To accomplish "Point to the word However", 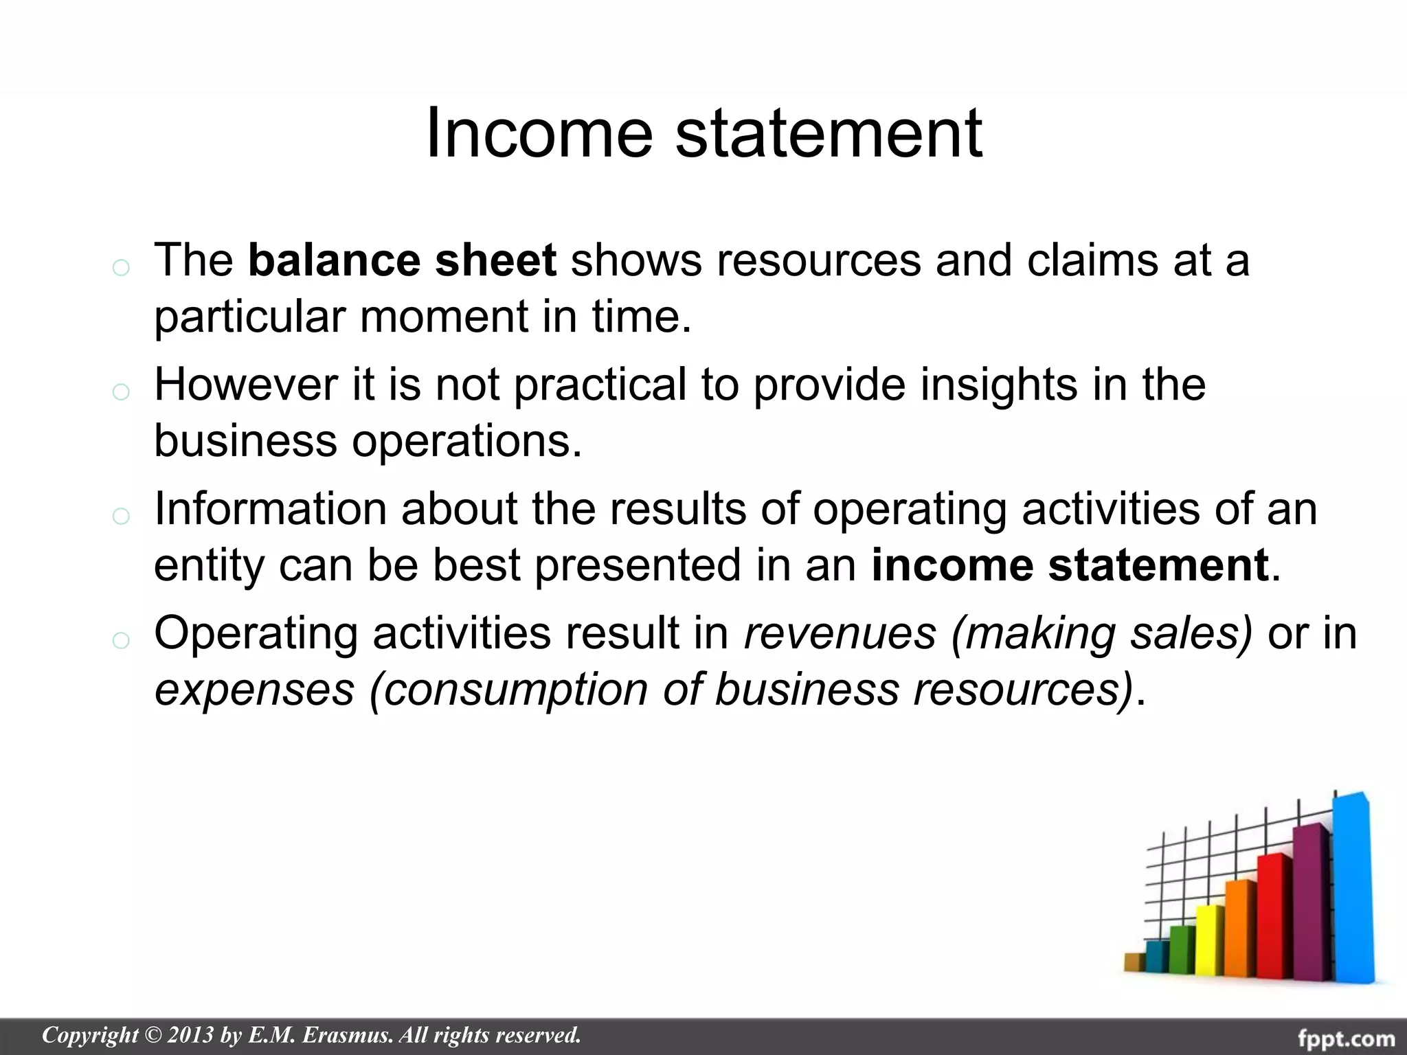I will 245,384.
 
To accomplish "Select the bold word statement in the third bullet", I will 1158,565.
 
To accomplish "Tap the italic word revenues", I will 840,633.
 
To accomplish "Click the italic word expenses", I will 254,689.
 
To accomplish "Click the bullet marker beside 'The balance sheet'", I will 120,267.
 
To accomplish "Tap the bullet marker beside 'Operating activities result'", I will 120,640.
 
